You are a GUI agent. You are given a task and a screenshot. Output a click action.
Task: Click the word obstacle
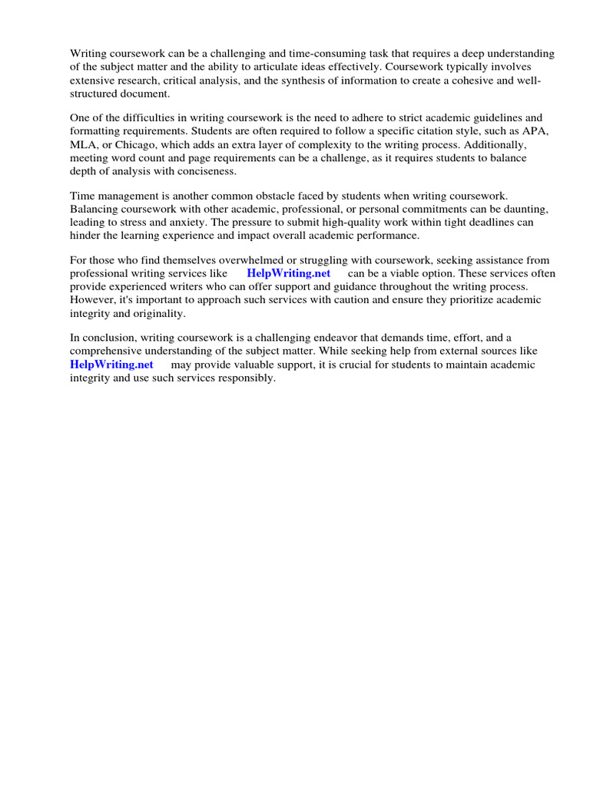click(x=275, y=196)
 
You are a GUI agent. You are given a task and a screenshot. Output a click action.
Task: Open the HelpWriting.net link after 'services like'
click(x=288, y=274)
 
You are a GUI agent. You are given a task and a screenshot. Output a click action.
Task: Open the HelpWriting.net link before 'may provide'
click(x=111, y=365)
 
